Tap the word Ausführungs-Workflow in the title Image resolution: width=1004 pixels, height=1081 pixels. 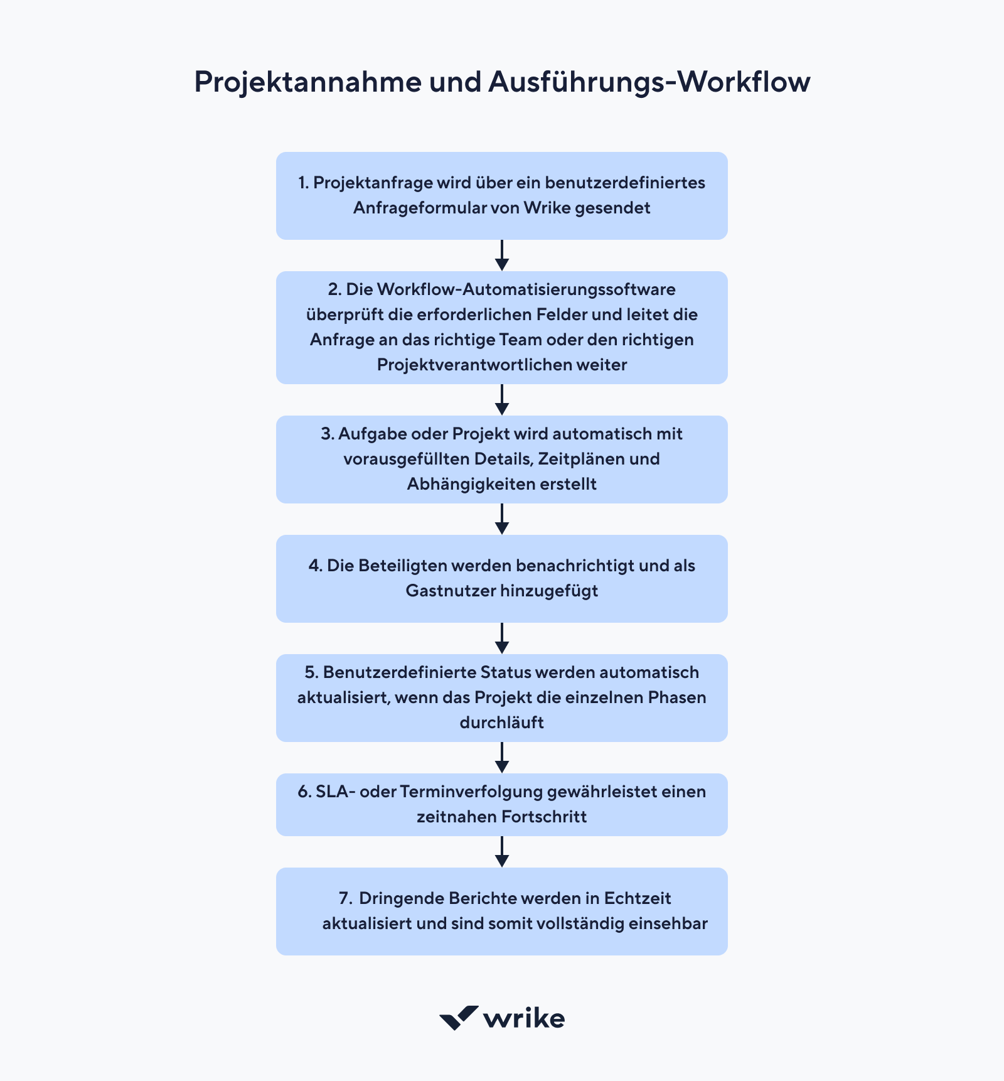[x=649, y=82]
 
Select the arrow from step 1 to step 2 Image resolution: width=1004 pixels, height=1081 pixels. [x=501, y=255]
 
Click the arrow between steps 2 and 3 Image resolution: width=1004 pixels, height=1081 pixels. [x=501, y=399]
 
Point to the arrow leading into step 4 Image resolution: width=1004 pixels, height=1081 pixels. [x=501, y=519]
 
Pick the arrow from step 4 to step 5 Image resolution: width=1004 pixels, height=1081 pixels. [x=501, y=638]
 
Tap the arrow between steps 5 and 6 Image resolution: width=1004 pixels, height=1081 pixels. [x=501, y=757]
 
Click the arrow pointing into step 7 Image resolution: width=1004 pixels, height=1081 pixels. [x=501, y=851]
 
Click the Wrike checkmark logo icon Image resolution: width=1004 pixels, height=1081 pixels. [x=459, y=1018]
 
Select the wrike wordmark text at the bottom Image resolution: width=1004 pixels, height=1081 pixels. [x=525, y=1018]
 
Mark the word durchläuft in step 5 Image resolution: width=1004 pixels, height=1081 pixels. [x=501, y=723]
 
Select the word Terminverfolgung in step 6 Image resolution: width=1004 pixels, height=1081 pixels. [x=471, y=792]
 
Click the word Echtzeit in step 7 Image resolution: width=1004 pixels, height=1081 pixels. [x=638, y=898]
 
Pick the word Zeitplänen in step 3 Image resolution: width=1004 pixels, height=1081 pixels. [x=580, y=459]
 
